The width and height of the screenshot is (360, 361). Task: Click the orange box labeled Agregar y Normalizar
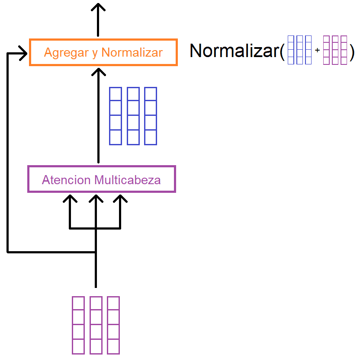tap(103, 40)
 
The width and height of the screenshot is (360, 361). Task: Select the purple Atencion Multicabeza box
tap(102, 166)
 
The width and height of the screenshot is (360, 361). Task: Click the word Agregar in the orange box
tap(66, 53)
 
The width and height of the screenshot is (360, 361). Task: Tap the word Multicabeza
tap(128, 180)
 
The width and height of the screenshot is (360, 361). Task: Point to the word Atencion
tap(66, 180)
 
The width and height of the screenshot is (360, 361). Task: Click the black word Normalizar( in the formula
tap(238, 51)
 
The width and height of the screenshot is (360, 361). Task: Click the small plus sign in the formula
tap(317, 50)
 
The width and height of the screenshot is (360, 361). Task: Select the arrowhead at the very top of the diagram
tap(98, 7)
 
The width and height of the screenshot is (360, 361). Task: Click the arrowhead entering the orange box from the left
tap(23, 53)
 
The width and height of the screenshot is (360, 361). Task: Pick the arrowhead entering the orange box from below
tap(98, 72)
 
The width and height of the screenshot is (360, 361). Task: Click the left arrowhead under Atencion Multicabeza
tap(70, 198)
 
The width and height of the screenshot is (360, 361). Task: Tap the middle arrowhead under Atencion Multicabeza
tap(96, 198)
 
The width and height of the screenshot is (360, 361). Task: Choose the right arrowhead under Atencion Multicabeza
tap(120, 198)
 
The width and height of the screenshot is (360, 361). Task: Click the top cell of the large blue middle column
tap(133, 94)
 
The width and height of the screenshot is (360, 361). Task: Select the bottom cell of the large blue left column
tap(116, 137)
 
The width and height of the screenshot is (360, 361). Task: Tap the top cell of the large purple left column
tap(78, 303)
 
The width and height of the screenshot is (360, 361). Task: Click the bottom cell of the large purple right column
tap(113, 346)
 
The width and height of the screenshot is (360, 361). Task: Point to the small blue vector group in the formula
tap(299, 50)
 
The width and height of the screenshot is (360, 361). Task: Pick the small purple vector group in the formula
tap(335, 50)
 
